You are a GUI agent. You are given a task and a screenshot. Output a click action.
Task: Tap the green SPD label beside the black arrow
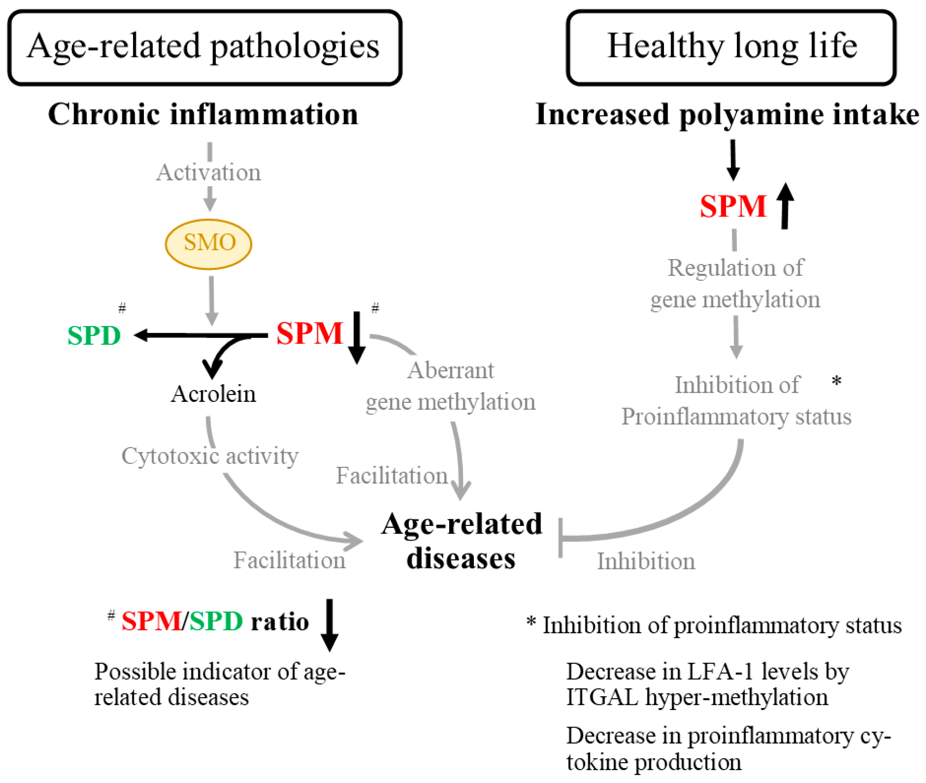(x=94, y=336)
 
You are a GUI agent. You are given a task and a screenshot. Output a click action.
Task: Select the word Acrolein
(x=213, y=394)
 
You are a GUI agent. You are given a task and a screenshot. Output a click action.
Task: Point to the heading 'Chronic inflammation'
(x=203, y=115)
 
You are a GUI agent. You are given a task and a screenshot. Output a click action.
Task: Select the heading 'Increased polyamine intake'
(x=727, y=115)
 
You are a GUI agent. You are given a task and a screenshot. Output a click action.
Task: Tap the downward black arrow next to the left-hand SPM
(x=357, y=337)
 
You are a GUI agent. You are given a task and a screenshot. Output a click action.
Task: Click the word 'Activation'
(x=208, y=172)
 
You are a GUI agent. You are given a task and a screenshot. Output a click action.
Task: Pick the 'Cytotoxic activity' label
(x=210, y=456)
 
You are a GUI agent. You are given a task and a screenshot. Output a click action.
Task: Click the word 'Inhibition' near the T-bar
(x=646, y=561)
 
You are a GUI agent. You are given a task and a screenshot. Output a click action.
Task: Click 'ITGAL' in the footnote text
(x=602, y=697)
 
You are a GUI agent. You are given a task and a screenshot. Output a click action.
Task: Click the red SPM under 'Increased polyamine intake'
(x=732, y=206)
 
